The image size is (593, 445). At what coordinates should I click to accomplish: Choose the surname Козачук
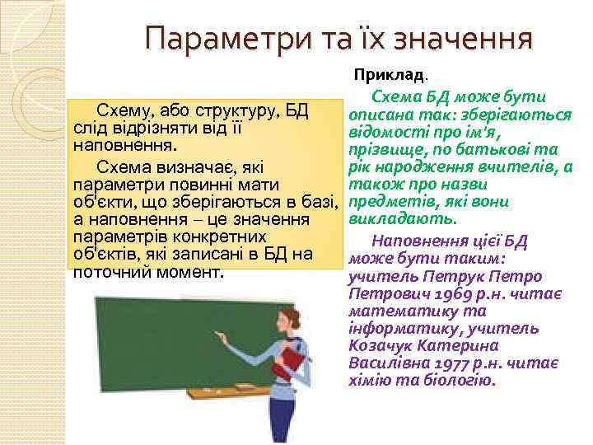click(x=385, y=346)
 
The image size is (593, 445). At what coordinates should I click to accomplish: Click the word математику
click(x=393, y=311)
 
